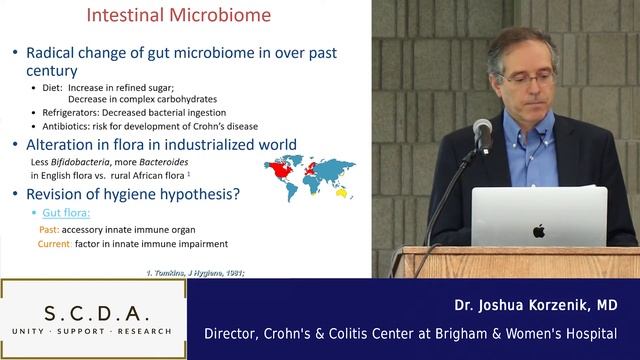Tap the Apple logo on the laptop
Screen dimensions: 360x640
point(538,231)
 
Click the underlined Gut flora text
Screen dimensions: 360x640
point(67,213)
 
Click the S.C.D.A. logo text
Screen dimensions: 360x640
point(93,308)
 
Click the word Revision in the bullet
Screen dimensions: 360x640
point(68,194)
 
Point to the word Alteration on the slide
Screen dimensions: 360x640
point(71,145)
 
